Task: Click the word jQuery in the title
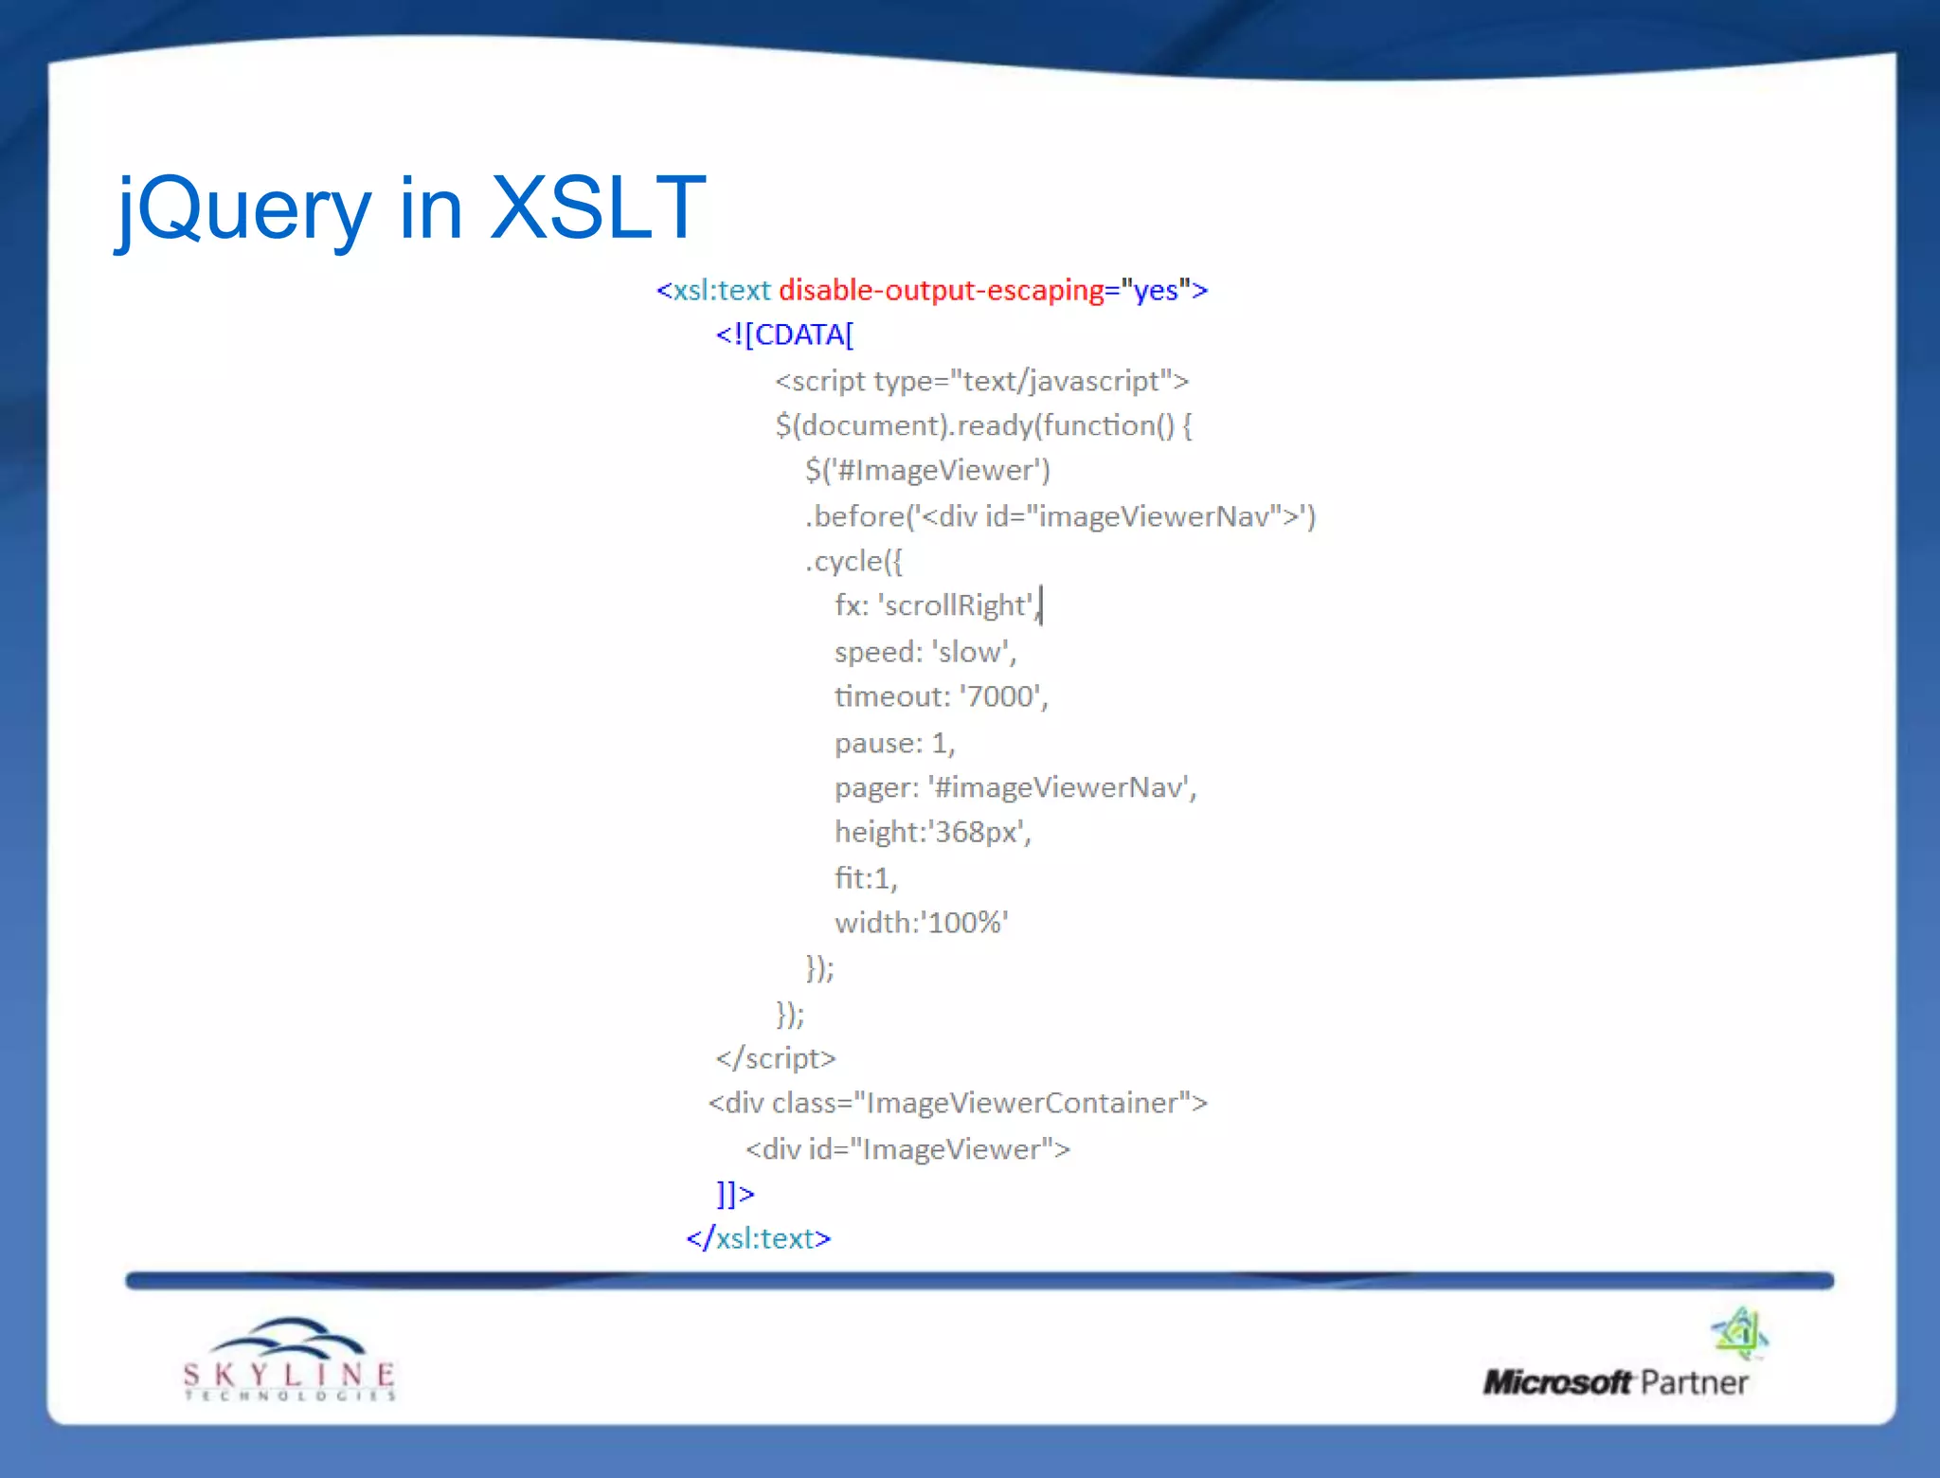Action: click(244, 210)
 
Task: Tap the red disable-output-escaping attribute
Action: click(941, 290)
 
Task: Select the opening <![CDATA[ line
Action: click(784, 334)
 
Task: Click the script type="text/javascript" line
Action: click(981, 381)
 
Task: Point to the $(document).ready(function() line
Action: click(983, 425)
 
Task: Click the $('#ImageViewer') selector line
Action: click(927, 471)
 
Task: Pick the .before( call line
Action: click(1059, 516)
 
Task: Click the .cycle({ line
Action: click(853, 562)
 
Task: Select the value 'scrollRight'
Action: click(957, 606)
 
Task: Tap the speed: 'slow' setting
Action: click(925, 652)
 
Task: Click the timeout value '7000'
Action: click(1000, 697)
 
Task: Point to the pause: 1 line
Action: click(894, 743)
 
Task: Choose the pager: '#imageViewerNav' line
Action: click(1015, 787)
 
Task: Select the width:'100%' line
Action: click(921, 923)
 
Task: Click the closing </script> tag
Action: click(776, 1058)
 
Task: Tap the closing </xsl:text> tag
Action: click(758, 1238)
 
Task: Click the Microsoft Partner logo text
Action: click(1615, 1382)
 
